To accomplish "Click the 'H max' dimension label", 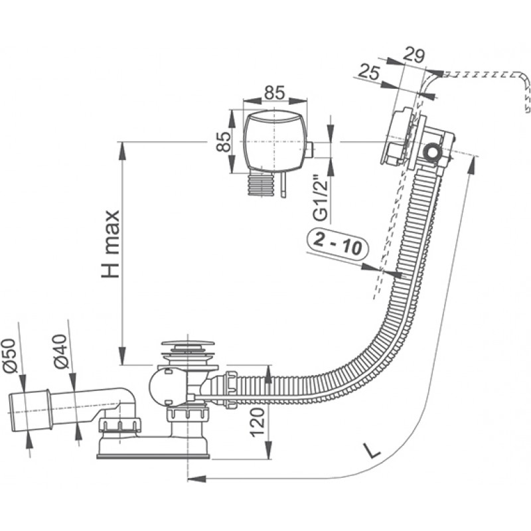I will point(111,244).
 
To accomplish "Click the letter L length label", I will point(374,451).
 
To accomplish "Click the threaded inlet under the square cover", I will point(260,185).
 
